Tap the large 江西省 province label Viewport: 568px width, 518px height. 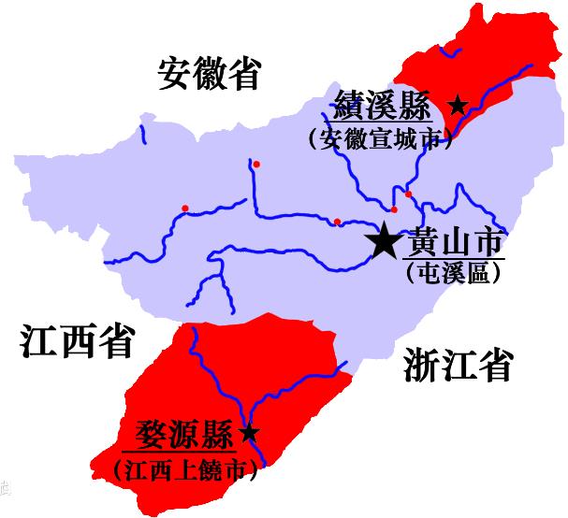click(x=78, y=342)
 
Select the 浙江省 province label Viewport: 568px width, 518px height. click(x=459, y=364)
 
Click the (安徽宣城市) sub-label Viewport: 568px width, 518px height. click(x=379, y=139)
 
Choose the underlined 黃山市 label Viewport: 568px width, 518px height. click(x=452, y=243)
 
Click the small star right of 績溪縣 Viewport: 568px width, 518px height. click(x=457, y=106)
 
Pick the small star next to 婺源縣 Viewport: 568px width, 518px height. click(x=249, y=433)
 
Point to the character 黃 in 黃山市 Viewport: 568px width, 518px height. click(x=419, y=243)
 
